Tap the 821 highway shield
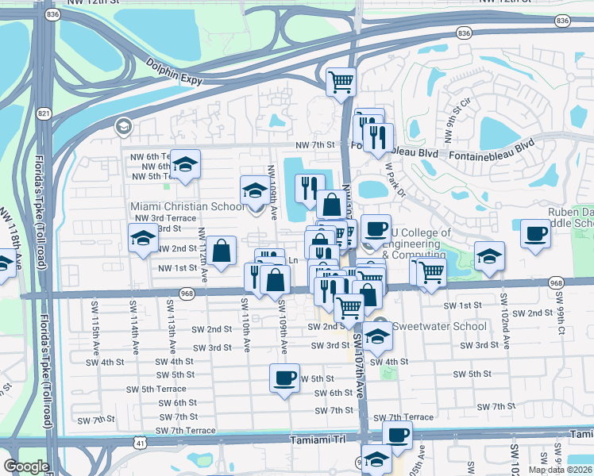44,114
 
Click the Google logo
26,466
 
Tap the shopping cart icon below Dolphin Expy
341,80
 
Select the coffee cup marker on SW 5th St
284,378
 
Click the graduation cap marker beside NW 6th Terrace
185,164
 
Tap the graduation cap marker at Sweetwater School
378,335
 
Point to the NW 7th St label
315,145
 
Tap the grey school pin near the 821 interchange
123,126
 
